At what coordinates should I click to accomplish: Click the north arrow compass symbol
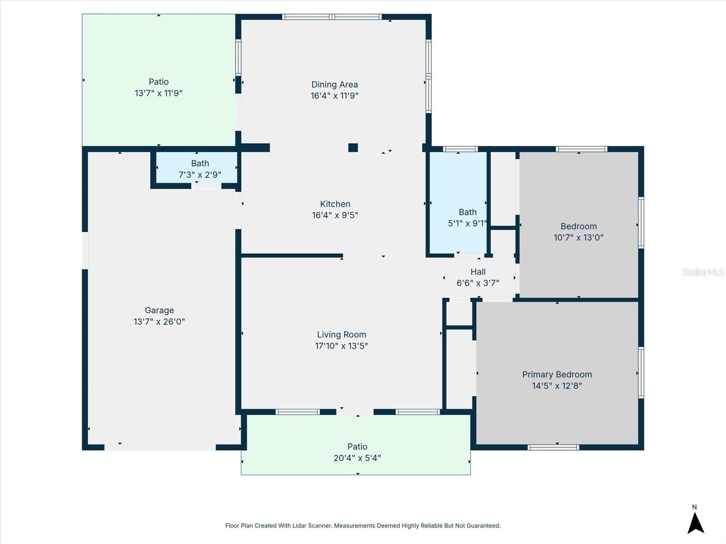click(695, 522)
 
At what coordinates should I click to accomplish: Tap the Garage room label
click(159, 311)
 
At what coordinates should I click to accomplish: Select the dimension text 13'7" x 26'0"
click(159, 322)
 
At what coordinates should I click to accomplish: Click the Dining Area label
click(334, 84)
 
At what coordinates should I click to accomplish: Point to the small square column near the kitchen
click(353, 147)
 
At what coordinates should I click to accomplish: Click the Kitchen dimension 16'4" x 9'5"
click(335, 215)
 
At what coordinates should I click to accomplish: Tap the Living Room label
click(341, 335)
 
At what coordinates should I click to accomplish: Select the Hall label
click(478, 272)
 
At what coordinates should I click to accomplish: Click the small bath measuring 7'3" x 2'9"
click(200, 168)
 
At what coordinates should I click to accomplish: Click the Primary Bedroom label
click(557, 374)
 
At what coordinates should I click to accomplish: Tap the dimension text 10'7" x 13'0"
click(579, 237)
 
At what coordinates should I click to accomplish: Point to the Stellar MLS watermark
click(703, 272)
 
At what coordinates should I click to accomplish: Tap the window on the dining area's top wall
click(332, 17)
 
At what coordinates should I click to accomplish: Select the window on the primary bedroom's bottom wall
click(553, 447)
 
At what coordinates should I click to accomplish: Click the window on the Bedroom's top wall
click(581, 149)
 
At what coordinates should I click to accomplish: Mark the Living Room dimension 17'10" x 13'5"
click(341, 346)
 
